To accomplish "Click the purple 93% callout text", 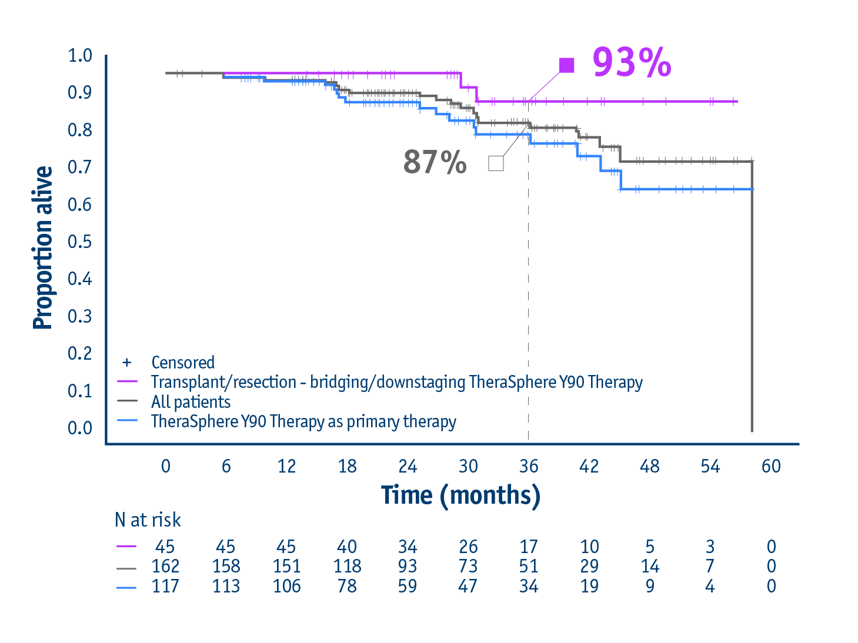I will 632,62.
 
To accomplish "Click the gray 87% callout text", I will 435,162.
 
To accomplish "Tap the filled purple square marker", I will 566,65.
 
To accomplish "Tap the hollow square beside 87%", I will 496,163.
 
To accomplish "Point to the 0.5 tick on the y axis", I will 80,242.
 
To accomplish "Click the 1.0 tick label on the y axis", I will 80,56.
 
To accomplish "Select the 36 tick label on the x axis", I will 528,466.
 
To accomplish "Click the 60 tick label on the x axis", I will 770,466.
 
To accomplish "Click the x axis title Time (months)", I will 460,495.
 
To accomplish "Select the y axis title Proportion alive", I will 43,247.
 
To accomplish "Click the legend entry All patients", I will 191,402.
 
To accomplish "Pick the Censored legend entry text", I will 183,362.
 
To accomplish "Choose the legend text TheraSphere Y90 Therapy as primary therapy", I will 303,422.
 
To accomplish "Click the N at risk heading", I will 148,520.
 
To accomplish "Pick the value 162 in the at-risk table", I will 165,566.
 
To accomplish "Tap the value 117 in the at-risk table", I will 165,586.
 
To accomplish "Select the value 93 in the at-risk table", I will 408,566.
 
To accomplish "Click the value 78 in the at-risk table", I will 347,586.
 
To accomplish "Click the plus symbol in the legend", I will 126,362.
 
